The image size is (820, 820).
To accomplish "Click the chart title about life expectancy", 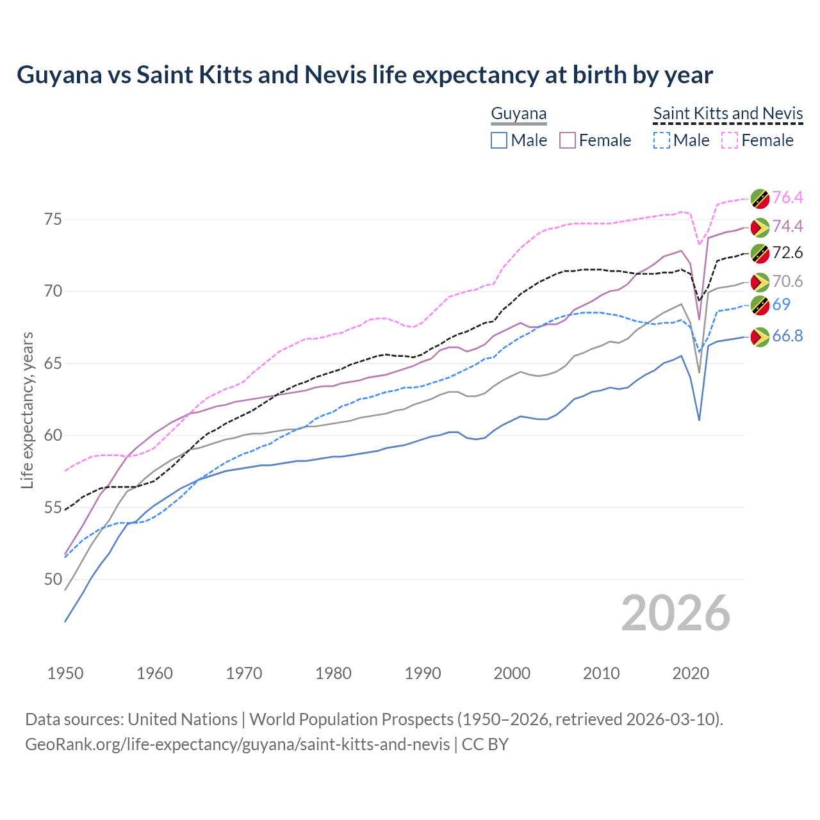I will [365, 75].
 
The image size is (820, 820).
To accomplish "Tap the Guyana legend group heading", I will [518, 114].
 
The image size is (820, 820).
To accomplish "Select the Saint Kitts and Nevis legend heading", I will [728, 114].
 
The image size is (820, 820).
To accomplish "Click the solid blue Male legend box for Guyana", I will [499, 140].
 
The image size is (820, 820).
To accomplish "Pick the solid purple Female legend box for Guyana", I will [568, 140].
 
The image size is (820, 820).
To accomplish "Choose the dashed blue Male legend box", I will [662, 140].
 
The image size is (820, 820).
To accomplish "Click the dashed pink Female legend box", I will [730, 140].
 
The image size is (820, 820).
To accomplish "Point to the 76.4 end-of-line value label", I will [787, 197].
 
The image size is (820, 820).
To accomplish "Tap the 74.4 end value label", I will [787, 226].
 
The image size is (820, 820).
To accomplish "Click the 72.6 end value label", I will [787, 253].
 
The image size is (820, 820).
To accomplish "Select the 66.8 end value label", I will [787, 336].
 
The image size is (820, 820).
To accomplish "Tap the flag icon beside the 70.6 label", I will [760, 282].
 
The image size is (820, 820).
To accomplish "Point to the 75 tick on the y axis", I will [53, 220].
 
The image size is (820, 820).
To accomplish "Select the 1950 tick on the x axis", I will [65, 673].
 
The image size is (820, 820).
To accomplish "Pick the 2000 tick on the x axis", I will [512, 673].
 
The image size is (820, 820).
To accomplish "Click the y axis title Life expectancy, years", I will [27, 410].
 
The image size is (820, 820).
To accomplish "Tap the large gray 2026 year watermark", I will [675, 613].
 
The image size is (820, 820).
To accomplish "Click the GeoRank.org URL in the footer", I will [237, 744].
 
